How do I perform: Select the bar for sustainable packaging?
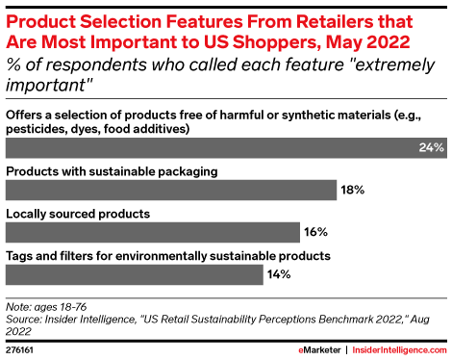[171, 191]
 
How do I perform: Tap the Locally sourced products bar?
[154, 233]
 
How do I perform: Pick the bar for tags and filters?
[135, 275]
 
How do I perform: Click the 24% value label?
[430, 148]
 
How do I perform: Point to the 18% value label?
[352, 191]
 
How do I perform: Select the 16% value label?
[316, 233]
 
